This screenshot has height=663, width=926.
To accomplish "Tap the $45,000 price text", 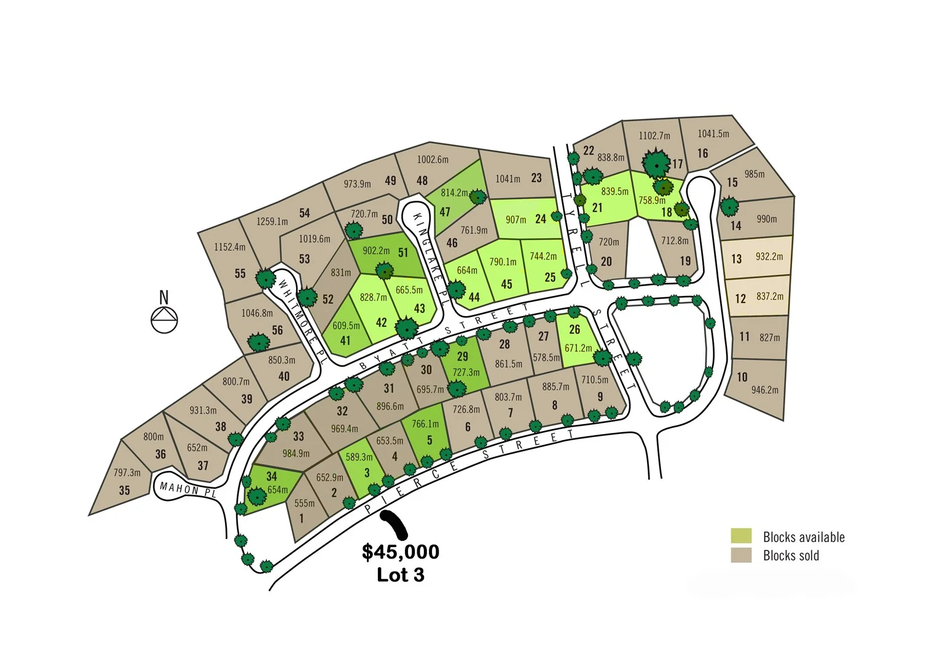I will [401, 551].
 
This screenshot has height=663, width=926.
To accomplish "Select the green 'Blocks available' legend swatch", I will [741, 536].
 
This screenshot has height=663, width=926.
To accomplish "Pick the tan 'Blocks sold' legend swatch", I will [741, 555].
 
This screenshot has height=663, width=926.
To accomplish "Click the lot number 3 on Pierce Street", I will [367, 473].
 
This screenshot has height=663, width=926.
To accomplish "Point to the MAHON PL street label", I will [188, 489].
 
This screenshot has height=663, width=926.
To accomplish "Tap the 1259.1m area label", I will [272, 221].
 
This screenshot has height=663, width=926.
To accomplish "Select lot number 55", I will [240, 274].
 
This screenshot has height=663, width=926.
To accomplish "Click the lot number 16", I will [702, 153].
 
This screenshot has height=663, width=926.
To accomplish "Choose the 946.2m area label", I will [764, 390].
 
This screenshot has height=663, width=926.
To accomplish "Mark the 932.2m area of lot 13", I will [769, 257].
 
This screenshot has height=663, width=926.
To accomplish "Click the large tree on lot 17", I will [656, 163].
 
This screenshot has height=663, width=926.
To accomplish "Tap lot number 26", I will [575, 330].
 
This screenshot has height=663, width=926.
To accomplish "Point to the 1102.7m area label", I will [654, 136].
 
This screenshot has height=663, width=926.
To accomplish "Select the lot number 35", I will [124, 490].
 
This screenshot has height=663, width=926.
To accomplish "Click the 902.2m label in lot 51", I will [376, 250].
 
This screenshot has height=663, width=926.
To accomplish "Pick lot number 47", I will [445, 212].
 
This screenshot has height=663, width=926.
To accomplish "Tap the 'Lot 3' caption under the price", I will [401, 575].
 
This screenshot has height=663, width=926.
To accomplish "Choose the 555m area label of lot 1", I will [304, 503].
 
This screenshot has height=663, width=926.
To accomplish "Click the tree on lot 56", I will [258, 341].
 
